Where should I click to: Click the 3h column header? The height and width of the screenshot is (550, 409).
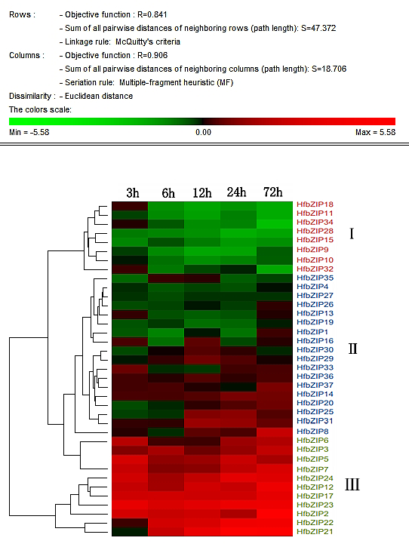[133, 193]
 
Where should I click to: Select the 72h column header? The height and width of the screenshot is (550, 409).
[273, 192]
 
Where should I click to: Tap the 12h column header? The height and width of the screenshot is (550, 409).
[202, 193]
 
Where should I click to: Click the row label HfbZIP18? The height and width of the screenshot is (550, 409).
[315, 204]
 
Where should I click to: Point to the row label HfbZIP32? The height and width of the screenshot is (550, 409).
[315, 269]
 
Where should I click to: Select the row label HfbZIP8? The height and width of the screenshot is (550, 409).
[312, 432]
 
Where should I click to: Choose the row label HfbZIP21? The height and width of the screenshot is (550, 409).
[315, 532]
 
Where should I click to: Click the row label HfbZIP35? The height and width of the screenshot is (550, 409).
[315, 278]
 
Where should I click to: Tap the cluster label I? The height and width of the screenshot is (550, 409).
[352, 234]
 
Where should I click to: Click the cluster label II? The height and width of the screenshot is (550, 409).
[352, 349]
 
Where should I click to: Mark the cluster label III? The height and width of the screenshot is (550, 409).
[352, 485]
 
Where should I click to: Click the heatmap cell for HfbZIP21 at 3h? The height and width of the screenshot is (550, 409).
[130, 532]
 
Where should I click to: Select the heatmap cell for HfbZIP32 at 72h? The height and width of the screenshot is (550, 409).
[275, 269]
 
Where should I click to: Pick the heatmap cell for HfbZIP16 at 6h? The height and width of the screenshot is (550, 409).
[166, 341]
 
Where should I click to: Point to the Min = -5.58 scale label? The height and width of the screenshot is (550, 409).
[29, 132]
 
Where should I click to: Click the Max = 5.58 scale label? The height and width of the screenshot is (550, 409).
[375, 132]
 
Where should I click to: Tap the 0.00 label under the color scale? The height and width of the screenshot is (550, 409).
[204, 132]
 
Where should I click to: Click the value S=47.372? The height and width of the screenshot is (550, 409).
[318, 28]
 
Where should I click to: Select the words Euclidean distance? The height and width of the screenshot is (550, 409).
[99, 96]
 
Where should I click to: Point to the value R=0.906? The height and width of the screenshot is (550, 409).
[152, 55]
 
